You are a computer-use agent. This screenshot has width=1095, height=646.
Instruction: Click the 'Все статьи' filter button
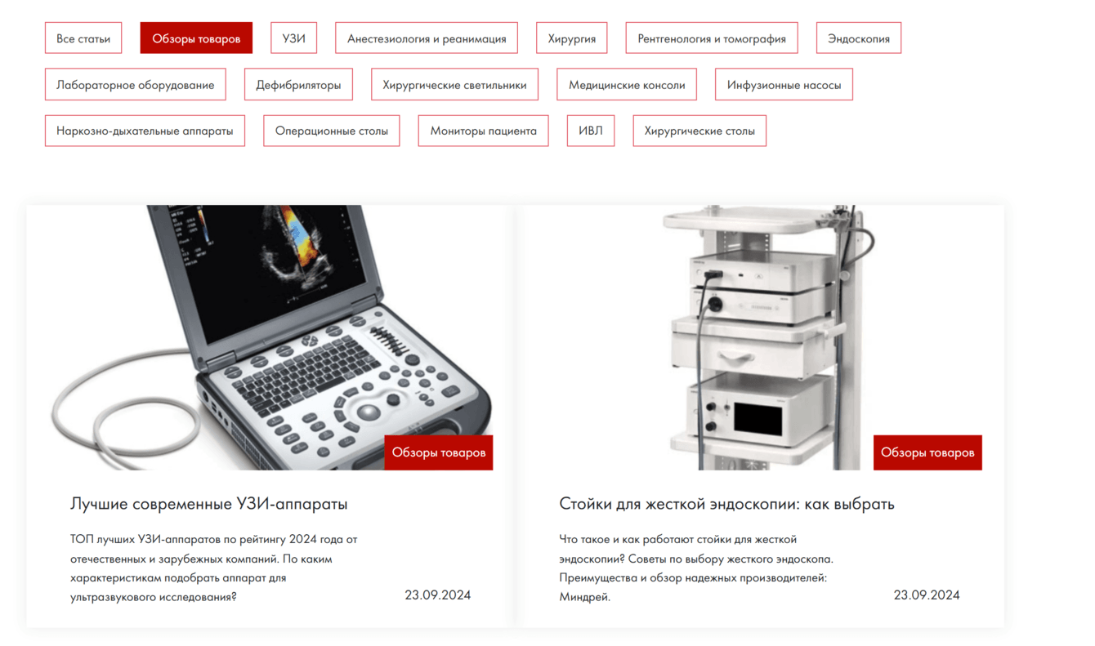click(83, 38)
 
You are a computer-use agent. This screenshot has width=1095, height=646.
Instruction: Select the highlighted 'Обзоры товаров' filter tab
click(196, 38)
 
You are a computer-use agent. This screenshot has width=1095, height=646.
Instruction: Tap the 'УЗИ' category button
click(294, 38)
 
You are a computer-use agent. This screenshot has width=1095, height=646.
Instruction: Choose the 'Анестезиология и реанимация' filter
click(427, 38)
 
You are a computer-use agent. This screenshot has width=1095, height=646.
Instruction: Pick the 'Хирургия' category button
click(571, 38)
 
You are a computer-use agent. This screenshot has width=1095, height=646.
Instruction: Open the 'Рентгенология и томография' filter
click(712, 38)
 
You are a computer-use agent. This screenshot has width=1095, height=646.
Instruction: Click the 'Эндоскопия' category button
click(858, 38)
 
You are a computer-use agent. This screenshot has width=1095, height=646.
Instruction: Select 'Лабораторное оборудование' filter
click(136, 85)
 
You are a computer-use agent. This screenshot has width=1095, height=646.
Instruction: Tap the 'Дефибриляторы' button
click(298, 85)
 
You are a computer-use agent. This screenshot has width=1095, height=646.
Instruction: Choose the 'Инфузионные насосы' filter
click(784, 85)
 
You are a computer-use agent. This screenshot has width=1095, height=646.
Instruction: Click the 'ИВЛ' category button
click(591, 131)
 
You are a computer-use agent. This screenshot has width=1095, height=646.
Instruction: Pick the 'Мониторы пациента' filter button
click(483, 131)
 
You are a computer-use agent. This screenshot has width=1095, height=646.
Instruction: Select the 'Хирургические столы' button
click(699, 131)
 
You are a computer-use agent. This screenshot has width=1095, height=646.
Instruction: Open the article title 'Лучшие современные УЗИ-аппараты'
click(208, 503)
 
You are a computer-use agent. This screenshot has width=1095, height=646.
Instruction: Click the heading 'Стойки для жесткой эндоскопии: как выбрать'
click(726, 503)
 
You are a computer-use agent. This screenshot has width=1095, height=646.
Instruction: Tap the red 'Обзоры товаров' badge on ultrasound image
click(439, 452)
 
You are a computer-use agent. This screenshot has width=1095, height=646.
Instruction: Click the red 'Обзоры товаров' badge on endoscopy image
click(927, 452)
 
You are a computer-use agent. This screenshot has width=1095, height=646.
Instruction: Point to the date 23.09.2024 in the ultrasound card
click(437, 595)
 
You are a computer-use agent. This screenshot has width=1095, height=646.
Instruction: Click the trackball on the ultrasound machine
click(369, 412)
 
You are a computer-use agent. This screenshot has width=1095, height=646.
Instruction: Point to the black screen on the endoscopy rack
click(758, 418)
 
